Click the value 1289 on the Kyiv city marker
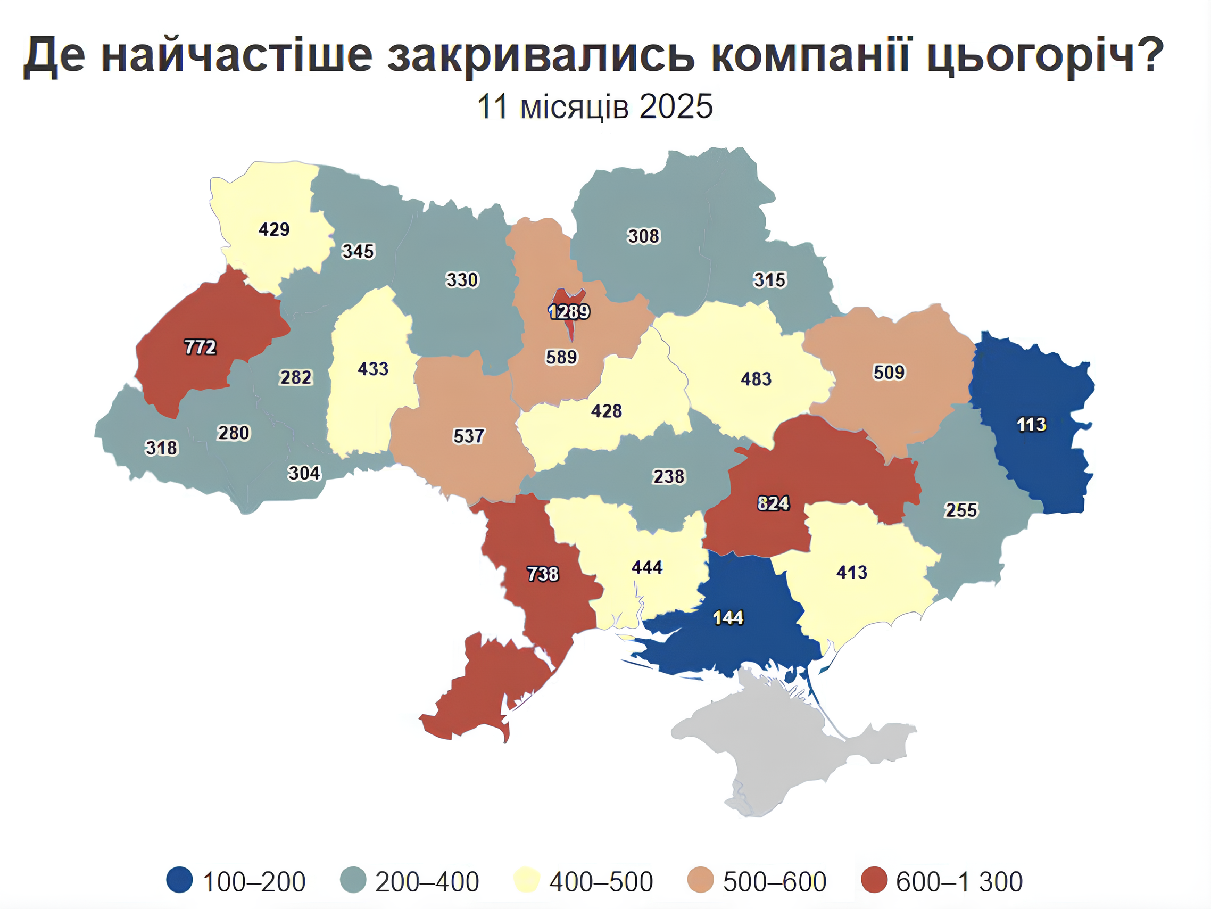click(569, 311)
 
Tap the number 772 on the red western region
click(200, 347)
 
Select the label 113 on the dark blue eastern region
click(1032, 424)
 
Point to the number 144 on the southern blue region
click(728, 618)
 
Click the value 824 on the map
click(773, 503)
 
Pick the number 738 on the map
click(543, 574)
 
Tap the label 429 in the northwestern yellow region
click(273, 229)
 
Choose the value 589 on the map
click(561, 357)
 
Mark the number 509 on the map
click(889, 373)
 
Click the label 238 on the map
click(668, 476)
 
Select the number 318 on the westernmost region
click(161, 448)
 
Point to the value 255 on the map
click(961, 510)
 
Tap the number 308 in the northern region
click(643, 236)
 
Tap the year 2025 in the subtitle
click(676, 106)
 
